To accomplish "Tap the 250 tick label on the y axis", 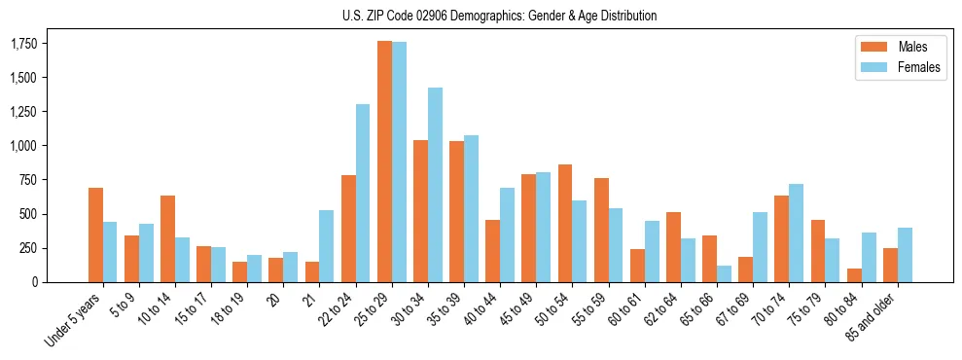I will click(x=29, y=248).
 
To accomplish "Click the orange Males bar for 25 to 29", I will click(x=384, y=162).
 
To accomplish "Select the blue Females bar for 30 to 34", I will click(x=435, y=185).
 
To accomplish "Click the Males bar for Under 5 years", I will click(x=95, y=234).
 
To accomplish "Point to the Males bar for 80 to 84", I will click(x=854, y=275).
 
